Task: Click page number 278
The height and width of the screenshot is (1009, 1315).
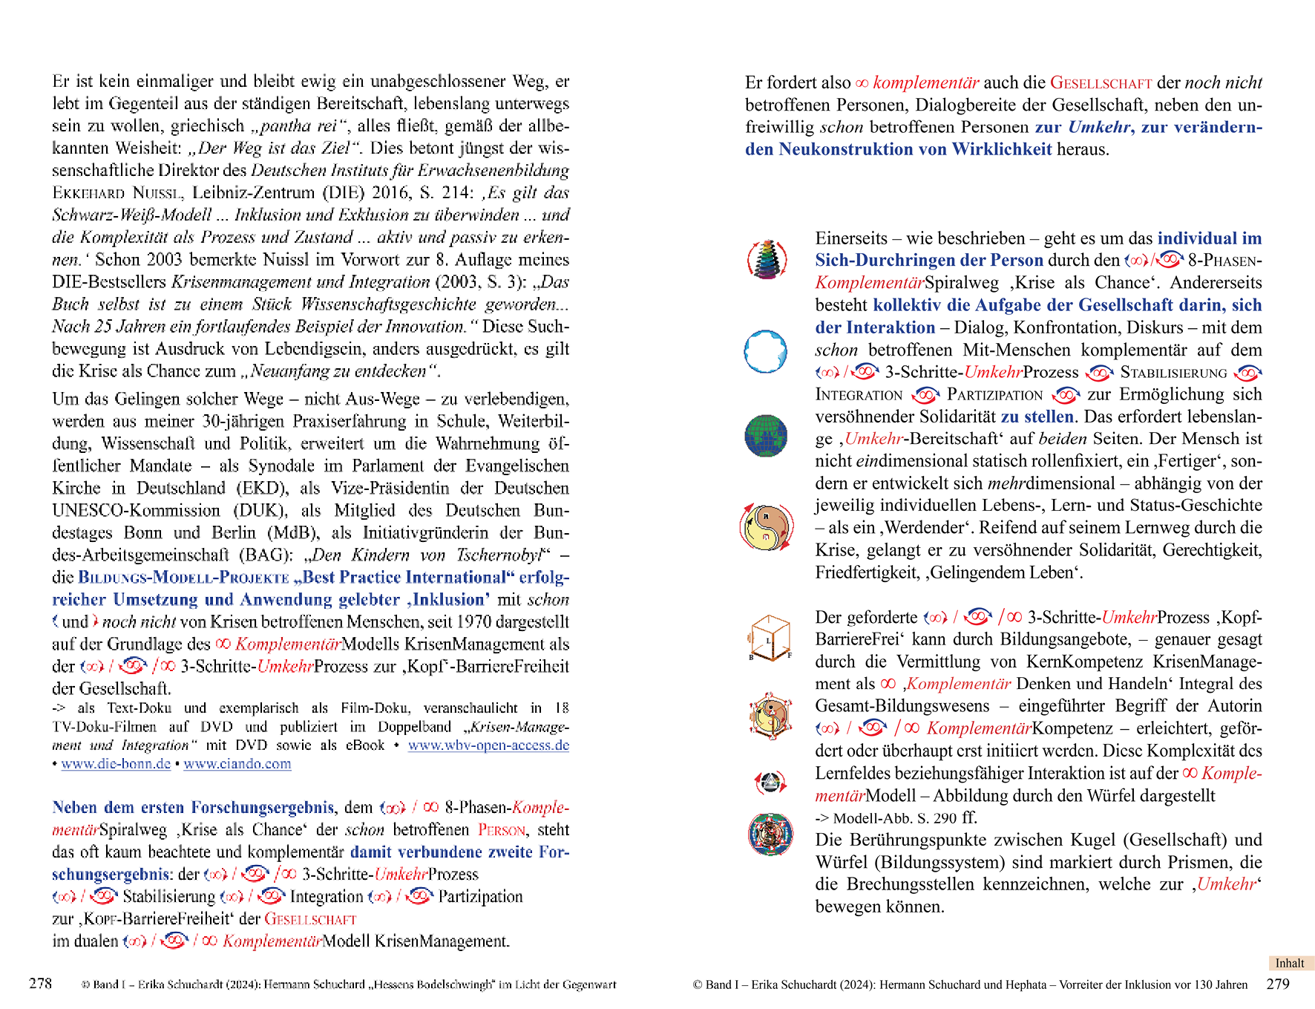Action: [40, 984]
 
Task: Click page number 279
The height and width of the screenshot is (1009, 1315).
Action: [1277, 984]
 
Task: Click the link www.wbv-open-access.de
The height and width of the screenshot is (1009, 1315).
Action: [488, 745]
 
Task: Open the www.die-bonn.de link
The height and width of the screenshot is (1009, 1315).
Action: [116, 764]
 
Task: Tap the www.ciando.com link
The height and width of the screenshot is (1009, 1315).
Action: [237, 764]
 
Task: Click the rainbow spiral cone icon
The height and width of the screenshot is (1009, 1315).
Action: [767, 259]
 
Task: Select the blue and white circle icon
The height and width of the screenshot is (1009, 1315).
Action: [765, 351]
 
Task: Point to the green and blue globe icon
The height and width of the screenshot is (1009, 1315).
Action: [765, 435]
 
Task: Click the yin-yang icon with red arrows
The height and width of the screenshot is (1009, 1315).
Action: [767, 526]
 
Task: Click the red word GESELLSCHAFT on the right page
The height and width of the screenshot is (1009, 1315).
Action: [1101, 83]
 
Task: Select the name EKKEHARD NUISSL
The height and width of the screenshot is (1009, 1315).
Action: [117, 193]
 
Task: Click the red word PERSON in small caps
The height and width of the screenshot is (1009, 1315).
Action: [502, 830]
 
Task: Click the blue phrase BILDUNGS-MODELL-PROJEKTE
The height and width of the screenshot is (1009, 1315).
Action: [183, 578]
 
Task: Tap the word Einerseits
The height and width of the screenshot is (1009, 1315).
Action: [851, 238]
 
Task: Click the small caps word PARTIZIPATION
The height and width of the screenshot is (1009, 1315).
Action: [994, 395]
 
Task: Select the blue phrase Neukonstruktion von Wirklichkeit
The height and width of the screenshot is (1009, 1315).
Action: [915, 149]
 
